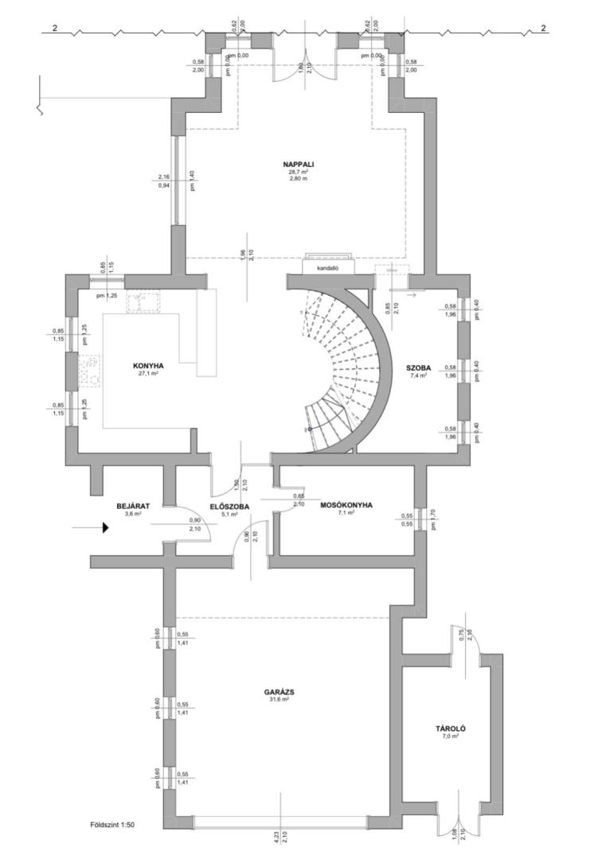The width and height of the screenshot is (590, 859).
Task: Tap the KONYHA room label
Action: (148, 365)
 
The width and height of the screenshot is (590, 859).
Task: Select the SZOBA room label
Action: (418, 367)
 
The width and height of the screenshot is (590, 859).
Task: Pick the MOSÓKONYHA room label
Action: (346, 504)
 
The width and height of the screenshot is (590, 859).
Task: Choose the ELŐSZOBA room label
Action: (230, 505)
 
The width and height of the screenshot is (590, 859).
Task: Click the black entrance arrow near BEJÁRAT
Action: (104, 527)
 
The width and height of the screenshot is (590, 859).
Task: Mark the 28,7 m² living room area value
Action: (298, 171)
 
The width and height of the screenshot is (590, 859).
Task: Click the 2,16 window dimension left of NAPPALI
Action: (165, 177)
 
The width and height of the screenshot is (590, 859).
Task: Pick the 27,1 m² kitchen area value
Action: (148, 373)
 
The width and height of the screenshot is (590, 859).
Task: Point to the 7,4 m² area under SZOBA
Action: (418, 375)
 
